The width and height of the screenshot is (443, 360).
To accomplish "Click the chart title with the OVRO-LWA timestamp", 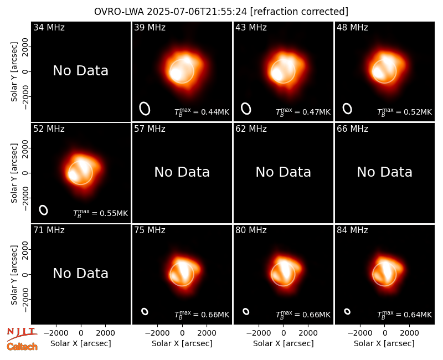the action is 221,12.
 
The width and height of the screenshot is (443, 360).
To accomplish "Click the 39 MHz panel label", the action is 150,27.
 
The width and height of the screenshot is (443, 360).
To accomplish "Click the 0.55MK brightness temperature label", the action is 101,213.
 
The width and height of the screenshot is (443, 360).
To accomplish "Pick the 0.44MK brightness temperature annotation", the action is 202,112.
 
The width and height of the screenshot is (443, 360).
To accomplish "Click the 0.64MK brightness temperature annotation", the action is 405,315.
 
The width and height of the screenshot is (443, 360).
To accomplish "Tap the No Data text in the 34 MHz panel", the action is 80,70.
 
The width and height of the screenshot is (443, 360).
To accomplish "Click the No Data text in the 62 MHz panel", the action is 283,172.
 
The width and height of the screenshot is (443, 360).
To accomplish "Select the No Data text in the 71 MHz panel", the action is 80,273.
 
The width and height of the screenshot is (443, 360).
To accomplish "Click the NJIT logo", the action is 22,334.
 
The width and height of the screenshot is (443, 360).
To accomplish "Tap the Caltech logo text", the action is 22,347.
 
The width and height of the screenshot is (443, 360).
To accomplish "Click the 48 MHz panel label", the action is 352,27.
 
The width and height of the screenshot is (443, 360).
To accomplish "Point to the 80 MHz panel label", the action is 251,230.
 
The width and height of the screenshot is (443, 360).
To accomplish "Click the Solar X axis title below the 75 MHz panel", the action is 182,343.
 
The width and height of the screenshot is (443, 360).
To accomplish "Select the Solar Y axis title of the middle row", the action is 14,173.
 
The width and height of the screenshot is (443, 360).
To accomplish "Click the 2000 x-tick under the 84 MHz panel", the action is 409,333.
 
